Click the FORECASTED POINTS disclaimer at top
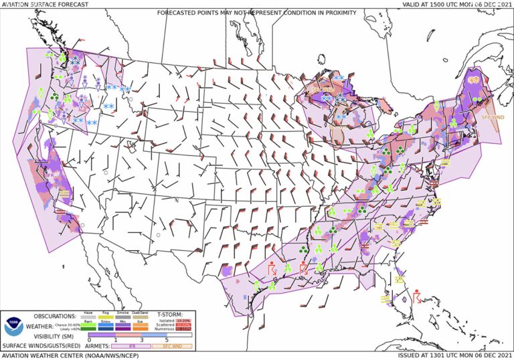(x=257, y=13)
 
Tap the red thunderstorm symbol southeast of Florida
(x=417, y=295)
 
